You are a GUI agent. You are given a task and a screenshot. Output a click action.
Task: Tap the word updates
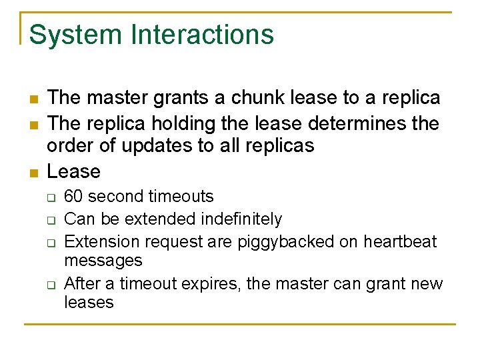[x=142, y=147]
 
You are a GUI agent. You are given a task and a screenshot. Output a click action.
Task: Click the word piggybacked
[x=289, y=241]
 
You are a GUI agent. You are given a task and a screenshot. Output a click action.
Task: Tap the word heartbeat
[x=397, y=241]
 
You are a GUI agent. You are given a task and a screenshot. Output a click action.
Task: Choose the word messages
[x=103, y=260]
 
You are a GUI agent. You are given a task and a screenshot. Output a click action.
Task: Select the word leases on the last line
[x=89, y=302]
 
